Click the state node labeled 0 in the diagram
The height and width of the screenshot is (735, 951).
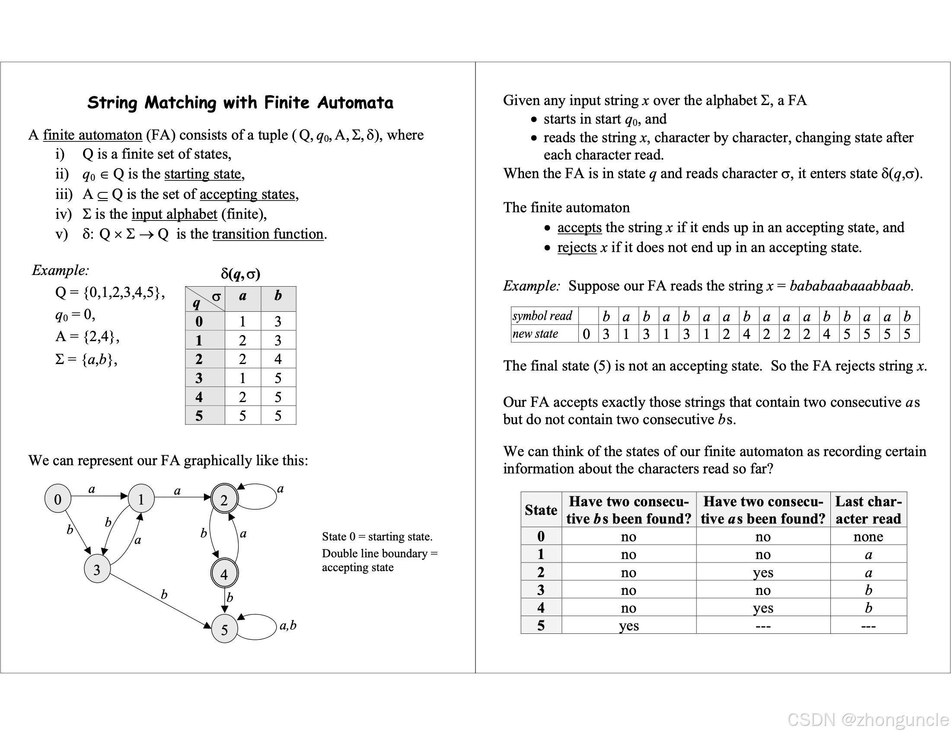pos(57,499)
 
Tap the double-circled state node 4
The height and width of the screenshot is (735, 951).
pos(224,574)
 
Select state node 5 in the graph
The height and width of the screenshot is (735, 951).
pos(224,630)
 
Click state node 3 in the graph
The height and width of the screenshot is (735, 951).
pos(97,569)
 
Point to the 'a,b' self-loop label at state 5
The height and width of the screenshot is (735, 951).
pos(288,625)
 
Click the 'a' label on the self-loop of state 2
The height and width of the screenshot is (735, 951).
pos(281,489)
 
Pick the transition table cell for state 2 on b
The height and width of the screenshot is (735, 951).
pos(278,359)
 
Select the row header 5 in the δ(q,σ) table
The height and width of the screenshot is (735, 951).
pos(199,415)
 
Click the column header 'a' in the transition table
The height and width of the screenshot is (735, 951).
pos(243,296)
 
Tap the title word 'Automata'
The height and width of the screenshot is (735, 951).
pos(355,103)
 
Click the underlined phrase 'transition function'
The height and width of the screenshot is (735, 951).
pos(268,234)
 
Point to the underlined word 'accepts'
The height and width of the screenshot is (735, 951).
pos(579,227)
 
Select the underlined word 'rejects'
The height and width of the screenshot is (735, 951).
pos(577,247)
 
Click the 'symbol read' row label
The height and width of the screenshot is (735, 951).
pos(543,316)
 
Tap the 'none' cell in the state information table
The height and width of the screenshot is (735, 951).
pos(868,537)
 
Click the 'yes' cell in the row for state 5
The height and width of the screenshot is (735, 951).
pos(629,626)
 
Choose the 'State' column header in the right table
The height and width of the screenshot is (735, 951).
pos(541,510)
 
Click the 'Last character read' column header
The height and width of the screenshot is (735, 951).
pos(868,510)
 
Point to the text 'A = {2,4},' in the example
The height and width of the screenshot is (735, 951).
pos(87,336)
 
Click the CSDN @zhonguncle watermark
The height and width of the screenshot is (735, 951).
pos(868,720)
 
